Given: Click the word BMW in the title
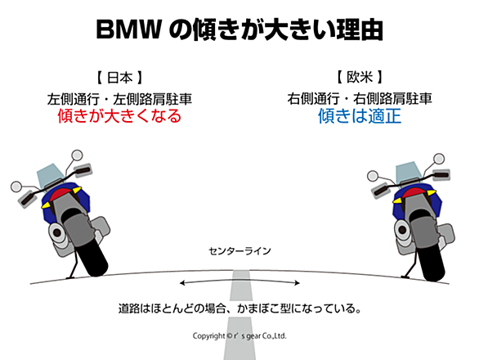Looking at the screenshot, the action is pyautogui.click(x=128, y=29).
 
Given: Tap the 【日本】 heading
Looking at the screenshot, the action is pyautogui.click(x=119, y=78).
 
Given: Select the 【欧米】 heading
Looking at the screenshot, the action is pyautogui.click(x=360, y=77).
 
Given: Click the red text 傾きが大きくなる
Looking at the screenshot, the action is pyautogui.click(x=119, y=116).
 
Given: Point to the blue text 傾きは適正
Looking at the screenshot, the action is pyautogui.click(x=360, y=116).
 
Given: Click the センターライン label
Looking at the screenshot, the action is pyautogui.click(x=239, y=251).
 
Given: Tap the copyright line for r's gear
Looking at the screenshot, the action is pyautogui.click(x=239, y=335).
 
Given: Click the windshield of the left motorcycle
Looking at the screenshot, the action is pyautogui.click(x=50, y=174).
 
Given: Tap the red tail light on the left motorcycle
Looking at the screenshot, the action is pyautogui.click(x=61, y=194).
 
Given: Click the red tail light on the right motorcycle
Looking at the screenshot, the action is pyautogui.click(x=414, y=193).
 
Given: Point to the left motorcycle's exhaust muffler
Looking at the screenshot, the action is pyautogui.click(x=58, y=234).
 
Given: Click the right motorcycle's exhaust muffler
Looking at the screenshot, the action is pyautogui.click(x=404, y=230).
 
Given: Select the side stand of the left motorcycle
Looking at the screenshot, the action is pyautogui.click(x=73, y=263).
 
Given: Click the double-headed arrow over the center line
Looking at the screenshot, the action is pyautogui.click(x=239, y=281).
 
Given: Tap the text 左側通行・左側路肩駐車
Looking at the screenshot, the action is pyautogui.click(x=119, y=99).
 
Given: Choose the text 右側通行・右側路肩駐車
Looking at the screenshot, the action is pyautogui.click(x=360, y=98).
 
